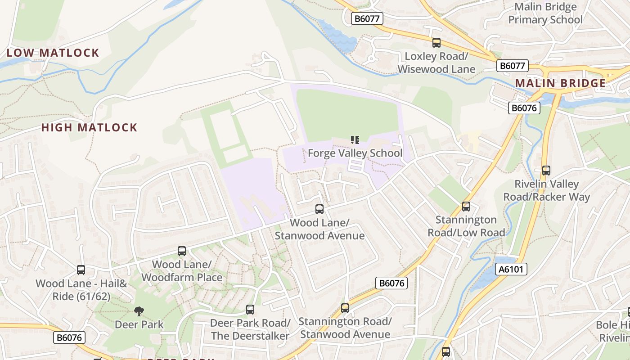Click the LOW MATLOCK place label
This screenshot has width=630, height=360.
[x=53, y=53]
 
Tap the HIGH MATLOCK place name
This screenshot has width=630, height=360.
[x=89, y=127]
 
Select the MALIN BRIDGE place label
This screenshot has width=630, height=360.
[x=560, y=83]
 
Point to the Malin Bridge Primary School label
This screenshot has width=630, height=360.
[x=545, y=13]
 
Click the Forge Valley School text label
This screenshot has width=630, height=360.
[x=355, y=153]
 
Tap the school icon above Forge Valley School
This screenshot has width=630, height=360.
[x=355, y=140]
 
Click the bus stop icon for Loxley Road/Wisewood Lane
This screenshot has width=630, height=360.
[x=436, y=43]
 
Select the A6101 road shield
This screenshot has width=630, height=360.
[x=511, y=270]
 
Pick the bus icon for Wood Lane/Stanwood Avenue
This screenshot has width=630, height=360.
[x=319, y=209]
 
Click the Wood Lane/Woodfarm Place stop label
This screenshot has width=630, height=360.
[x=182, y=271]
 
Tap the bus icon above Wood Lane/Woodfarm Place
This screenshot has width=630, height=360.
[x=182, y=251]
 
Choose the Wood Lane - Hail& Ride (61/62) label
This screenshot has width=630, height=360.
[x=81, y=290]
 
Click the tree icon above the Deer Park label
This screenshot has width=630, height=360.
[x=139, y=311]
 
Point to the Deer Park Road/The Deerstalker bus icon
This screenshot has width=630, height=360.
[x=250, y=310]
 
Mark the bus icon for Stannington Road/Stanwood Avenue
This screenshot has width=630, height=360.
[x=345, y=308]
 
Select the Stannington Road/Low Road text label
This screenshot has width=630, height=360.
[x=466, y=226]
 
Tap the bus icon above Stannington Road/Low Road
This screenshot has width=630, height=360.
[x=466, y=207]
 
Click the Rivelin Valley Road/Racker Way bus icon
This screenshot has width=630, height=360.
[x=546, y=171]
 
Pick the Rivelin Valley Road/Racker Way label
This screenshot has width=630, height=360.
[x=546, y=191]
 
